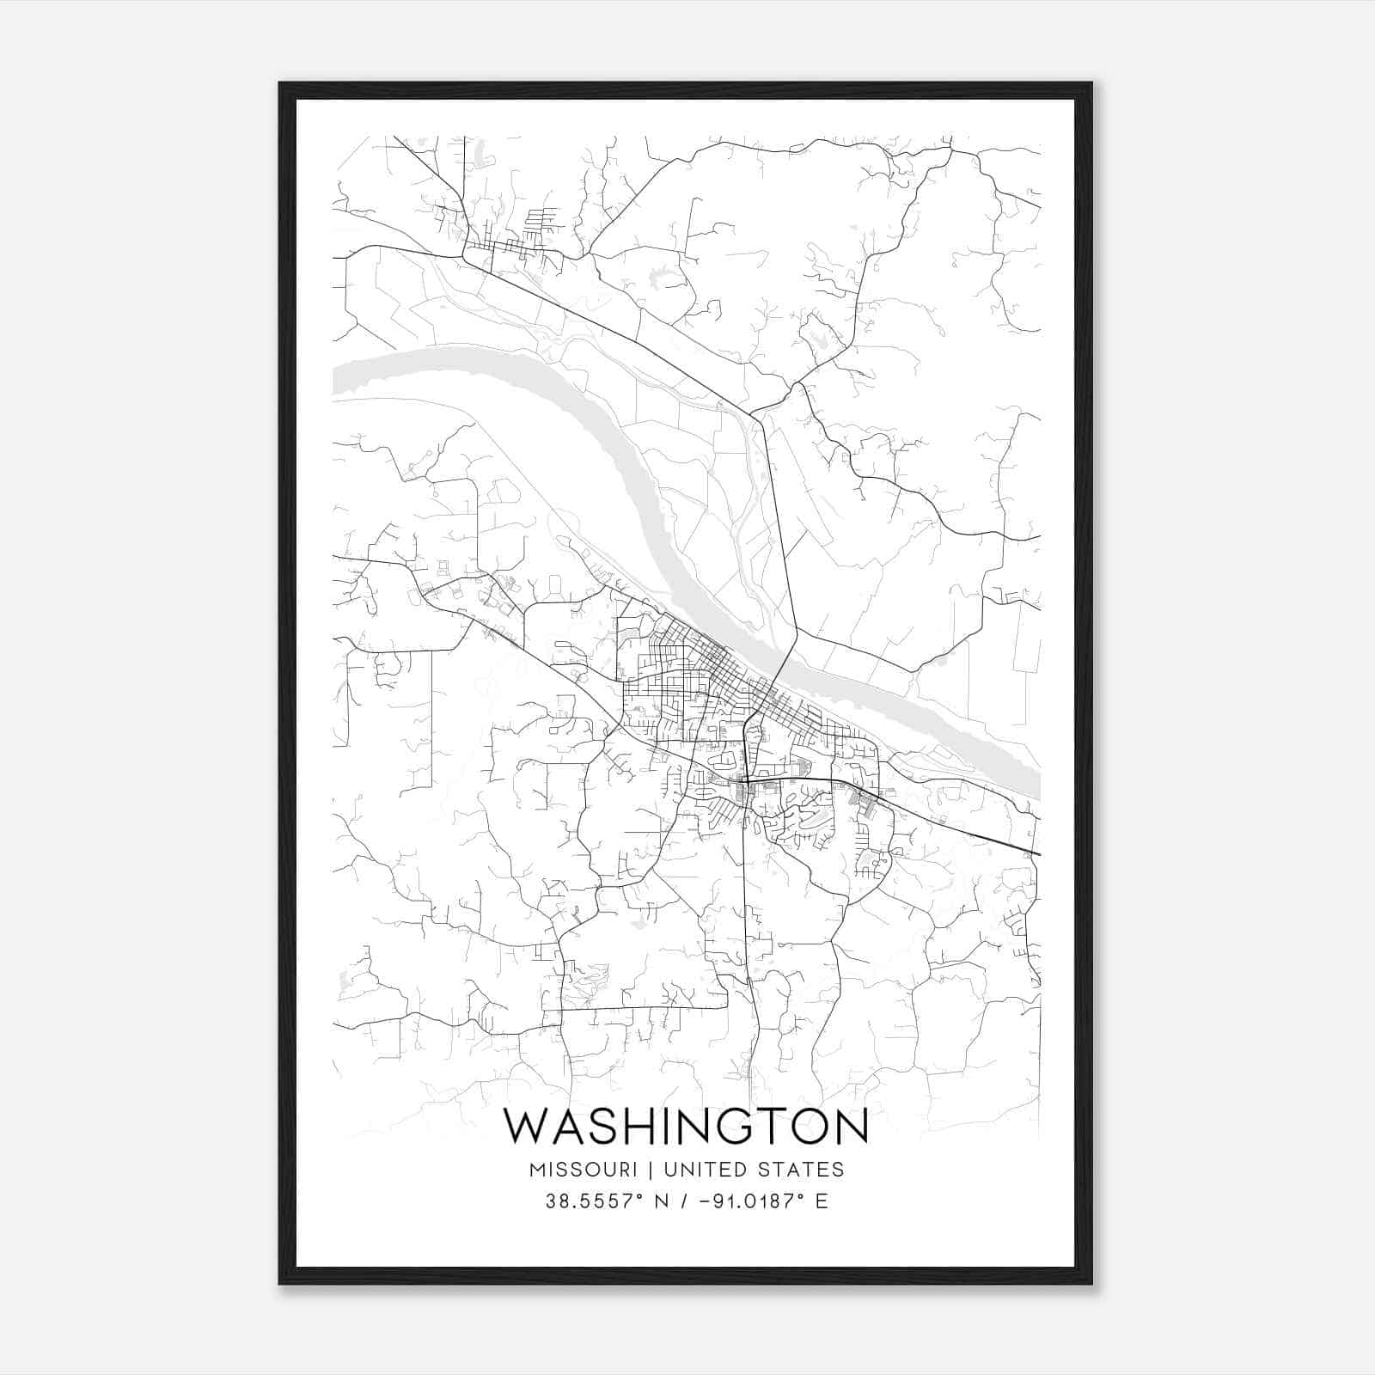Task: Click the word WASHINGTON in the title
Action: (686, 1127)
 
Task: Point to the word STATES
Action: (802, 1170)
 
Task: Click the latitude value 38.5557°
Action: (595, 1201)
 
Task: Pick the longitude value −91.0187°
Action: (745, 1201)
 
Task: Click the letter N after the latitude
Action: (661, 1201)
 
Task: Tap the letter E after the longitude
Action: (822, 1201)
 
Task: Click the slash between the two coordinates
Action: (685, 1201)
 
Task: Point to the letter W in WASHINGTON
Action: (524, 1127)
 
